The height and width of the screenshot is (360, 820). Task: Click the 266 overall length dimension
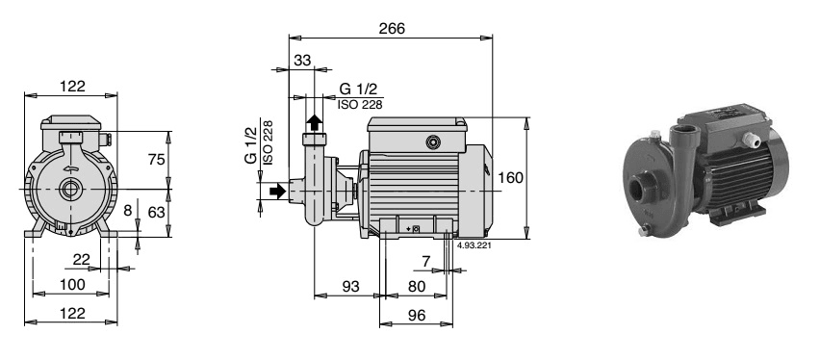[x=392, y=29]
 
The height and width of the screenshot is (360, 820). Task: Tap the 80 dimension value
[x=416, y=286]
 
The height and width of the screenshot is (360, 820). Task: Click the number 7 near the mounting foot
[x=425, y=261]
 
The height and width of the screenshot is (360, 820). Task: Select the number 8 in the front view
[x=128, y=210]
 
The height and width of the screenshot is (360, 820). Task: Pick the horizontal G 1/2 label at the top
[x=357, y=90]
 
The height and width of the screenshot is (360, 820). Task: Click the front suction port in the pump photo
[x=642, y=185]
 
